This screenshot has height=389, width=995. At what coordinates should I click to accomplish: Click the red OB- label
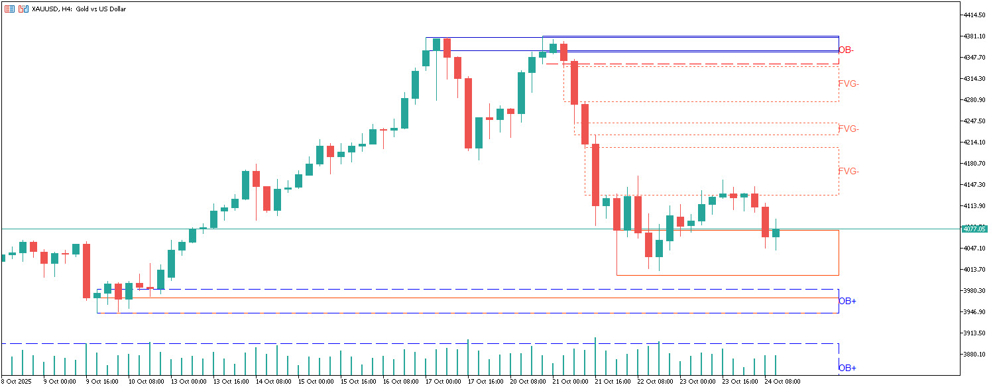pyautogui.click(x=846, y=50)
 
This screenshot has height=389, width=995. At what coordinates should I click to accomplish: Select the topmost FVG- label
pyautogui.click(x=849, y=84)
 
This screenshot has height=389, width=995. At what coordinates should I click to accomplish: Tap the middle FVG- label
pyautogui.click(x=849, y=129)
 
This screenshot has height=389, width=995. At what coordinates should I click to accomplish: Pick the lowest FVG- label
pyautogui.click(x=849, y=172)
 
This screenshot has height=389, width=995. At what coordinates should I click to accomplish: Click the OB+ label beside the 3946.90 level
pyautogui.click(x=847, y=302)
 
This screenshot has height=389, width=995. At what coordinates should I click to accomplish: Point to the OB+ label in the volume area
pyautogui.click(x=847, y=368)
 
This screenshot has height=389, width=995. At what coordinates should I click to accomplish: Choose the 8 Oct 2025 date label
pyautogui.click(x=17, y=382)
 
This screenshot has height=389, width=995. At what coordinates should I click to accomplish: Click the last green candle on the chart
pyautogui.click(x=776, y=233)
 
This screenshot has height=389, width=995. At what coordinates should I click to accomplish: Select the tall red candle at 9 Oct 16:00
pyautogui.click(x=86, y=271)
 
